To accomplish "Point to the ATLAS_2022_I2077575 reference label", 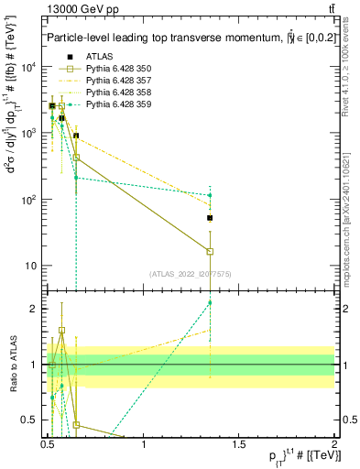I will pyautogui.click(x=191, y=274).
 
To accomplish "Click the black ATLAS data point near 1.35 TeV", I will pyautogui.click(x=210, y=218).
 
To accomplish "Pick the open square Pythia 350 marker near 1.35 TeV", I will pyautogui.click(x=210, y=251).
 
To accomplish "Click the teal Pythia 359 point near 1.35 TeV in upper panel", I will pyautogui.click(x=210, y=195).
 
